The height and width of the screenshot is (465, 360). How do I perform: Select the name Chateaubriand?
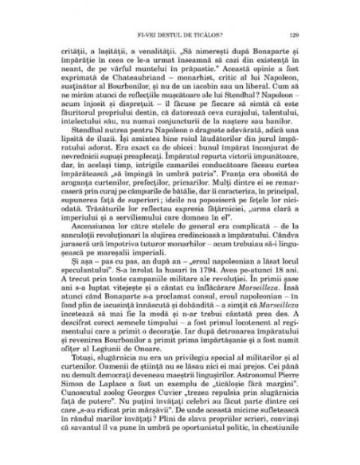136,81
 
